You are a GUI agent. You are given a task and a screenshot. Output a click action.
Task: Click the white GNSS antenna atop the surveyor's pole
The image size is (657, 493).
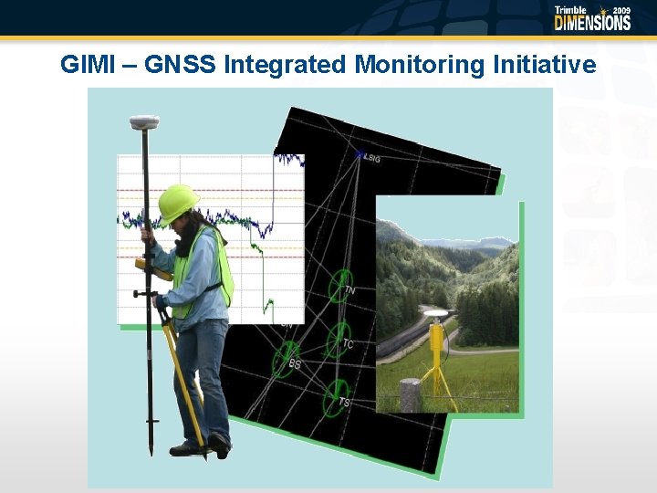point(144,122)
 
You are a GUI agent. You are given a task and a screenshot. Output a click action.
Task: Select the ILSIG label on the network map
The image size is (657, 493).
point(371,158)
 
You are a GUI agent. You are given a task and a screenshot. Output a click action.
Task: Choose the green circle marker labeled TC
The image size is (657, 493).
point(339,339)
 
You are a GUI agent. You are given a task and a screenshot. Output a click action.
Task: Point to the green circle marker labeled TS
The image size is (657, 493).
point(337,395)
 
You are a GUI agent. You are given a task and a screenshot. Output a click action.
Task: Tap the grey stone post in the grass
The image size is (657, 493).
point(411,394)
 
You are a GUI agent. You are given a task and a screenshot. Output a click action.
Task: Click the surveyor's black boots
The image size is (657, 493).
point(204,446)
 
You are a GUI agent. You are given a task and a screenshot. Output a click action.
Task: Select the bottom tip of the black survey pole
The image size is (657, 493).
point(151,452)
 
